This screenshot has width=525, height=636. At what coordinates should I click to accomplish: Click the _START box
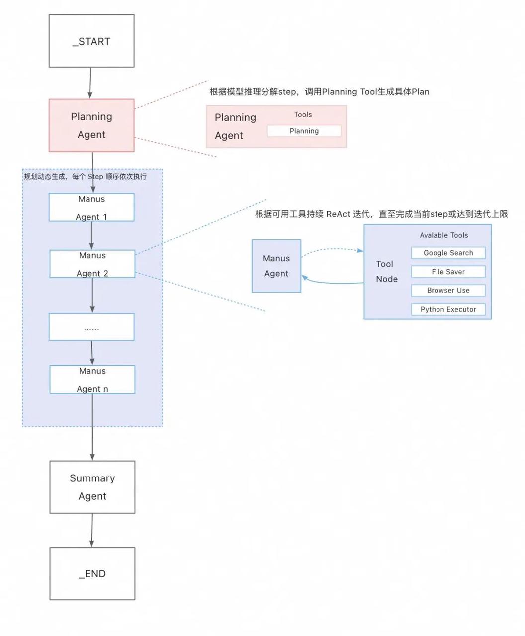click(x=91, y=41)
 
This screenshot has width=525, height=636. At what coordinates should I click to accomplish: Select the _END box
click(x=92, y=573)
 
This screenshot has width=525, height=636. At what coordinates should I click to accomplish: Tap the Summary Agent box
click(x=92, y=487)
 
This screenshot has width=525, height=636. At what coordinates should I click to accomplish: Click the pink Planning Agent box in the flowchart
click(x=91, y=125)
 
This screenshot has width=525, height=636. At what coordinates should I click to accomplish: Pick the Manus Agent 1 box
click(x=91, y=207)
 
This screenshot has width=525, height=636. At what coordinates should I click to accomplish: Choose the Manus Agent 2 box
click(x=92, y=264)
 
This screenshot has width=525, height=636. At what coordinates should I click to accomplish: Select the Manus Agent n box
click(x=92, y=379)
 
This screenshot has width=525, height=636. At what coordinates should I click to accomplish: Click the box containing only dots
click(x=91, y=327)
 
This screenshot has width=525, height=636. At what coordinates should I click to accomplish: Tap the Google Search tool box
click(x=448, y=253)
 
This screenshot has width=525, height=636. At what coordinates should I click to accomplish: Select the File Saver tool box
click(x=448, y=272)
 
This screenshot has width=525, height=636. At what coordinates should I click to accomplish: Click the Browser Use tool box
click(x=448, y=290)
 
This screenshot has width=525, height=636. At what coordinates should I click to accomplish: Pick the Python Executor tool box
click(x=448, y=309)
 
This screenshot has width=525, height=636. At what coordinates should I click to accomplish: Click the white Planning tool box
click(x=304, y=131)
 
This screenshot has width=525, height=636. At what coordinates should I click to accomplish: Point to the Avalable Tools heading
click(x=443, y=235)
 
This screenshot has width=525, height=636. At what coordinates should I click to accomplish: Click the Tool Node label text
click(x=386, y=271)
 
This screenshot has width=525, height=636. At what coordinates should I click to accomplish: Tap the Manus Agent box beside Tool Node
click(x=276, y=266)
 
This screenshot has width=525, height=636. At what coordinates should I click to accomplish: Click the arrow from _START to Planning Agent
click(x=90, y=83)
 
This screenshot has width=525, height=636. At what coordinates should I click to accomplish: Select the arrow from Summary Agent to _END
click(x=92, y=530)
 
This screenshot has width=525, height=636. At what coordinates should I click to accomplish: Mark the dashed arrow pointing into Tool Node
click(x=332, y=249)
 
